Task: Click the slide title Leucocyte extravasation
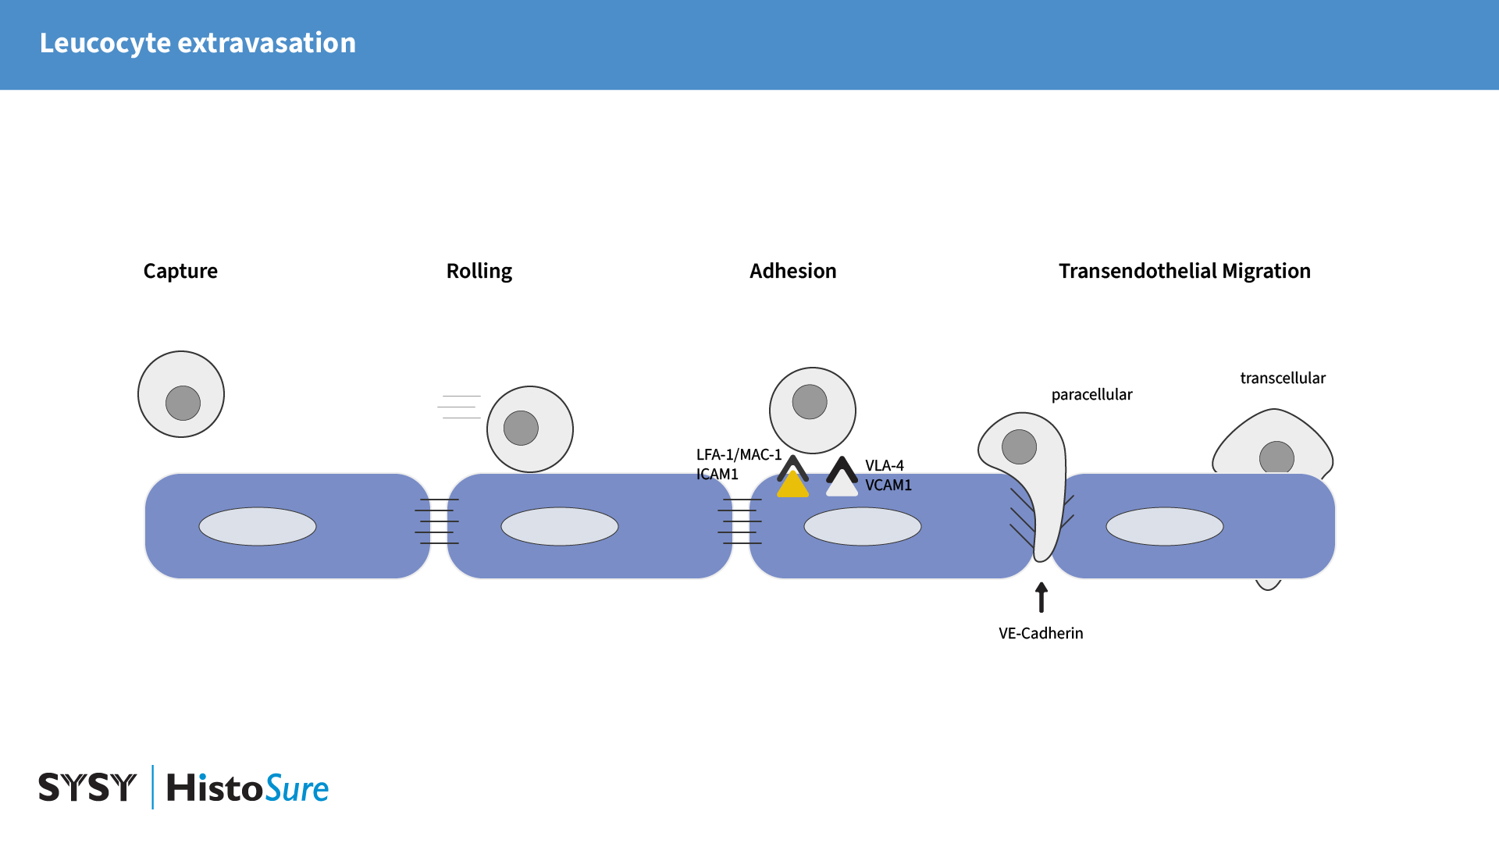point(198,43)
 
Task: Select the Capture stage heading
point(180,271)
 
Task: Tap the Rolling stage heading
point(479,271)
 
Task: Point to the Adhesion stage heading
point(792,271)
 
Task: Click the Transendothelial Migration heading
point(1184,271)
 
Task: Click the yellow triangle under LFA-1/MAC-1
point(792,486)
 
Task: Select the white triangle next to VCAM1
point(842,486)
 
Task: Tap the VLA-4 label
point(884,465)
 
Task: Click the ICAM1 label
point(717,474)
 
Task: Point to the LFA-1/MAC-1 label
point(738,454)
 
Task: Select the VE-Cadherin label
point(1040,633)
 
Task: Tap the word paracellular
point(1091,394)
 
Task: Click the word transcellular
point(1282,378)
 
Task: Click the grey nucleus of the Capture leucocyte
point(183,403)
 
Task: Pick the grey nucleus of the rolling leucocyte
point(521,428)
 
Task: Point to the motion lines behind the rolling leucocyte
point(460,407)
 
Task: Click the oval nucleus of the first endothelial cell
point(257,526)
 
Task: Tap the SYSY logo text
point(87,787)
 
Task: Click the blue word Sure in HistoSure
point(297,788)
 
